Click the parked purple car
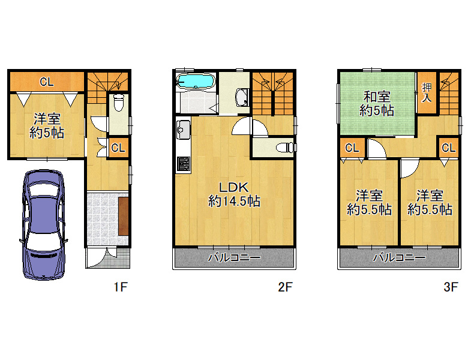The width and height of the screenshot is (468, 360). (44, 225)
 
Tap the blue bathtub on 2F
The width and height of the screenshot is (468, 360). (196, 81)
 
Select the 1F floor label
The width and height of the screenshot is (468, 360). (121, 287)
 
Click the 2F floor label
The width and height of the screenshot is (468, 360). (285, 287)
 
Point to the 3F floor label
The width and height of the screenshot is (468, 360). (451, 287)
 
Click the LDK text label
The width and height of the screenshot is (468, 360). (234, 187)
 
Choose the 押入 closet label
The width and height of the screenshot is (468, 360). (427, 92)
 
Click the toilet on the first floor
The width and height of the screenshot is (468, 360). (119, 103)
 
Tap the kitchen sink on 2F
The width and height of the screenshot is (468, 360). (183, 130)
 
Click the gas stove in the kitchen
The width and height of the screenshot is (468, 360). (183, 165)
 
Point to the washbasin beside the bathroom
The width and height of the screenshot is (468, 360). (242, 97)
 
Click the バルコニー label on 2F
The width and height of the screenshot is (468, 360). (234, 257)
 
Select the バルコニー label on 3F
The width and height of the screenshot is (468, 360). (400, 257)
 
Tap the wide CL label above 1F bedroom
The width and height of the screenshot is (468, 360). (47, 82)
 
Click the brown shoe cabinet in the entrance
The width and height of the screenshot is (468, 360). (124, 216)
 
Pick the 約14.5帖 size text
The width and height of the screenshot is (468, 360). (234, 202)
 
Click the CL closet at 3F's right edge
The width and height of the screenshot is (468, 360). (449, 148)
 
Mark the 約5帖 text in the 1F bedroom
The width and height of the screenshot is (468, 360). (47, 133)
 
